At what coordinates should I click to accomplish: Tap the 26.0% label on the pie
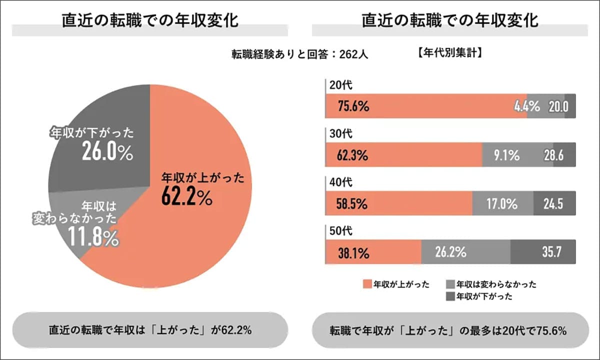click(x=107, y=153)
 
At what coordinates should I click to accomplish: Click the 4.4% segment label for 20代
click(x=527, y=106)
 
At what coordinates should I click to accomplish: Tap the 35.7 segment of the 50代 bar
click(x=543, y=252)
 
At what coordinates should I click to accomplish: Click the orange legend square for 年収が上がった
click(x=366, y=284)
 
